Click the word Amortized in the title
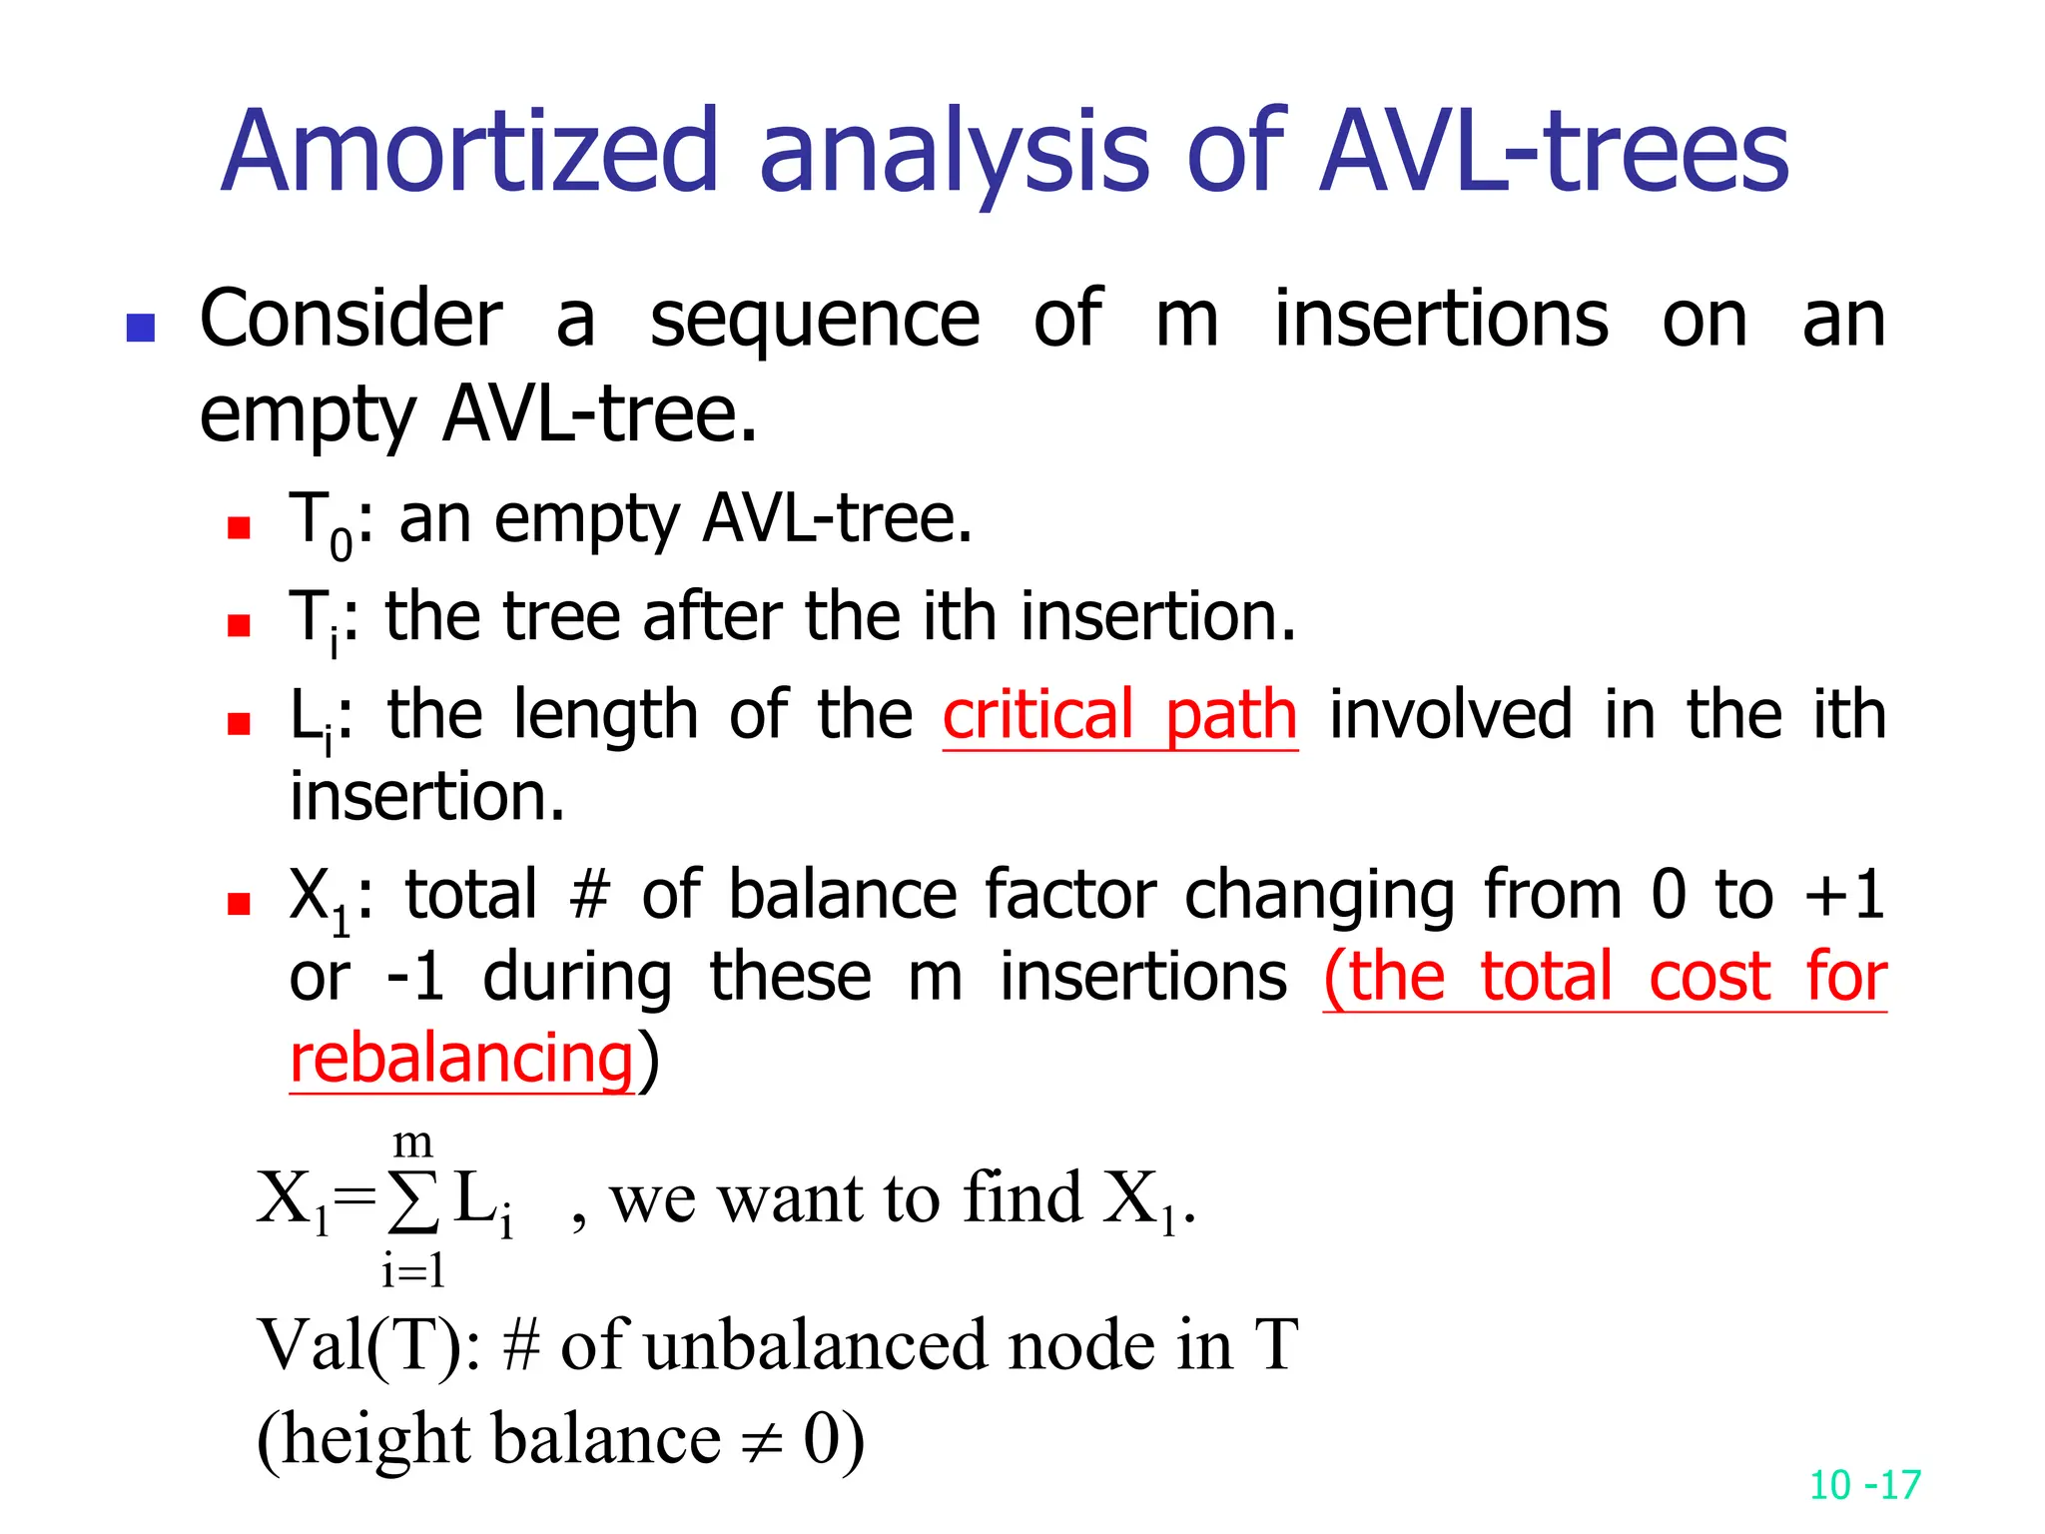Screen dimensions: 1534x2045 (x=469, y=152)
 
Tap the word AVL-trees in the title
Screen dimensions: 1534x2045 (x=1554, y=152)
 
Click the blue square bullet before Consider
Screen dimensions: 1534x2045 (x=141, y=328)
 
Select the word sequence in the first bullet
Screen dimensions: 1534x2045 (x=814, y=322)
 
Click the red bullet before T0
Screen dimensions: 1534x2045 (x=238, y=526)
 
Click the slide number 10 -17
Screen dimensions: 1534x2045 (x=1864, y=1485)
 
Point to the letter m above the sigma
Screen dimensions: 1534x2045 (x=412, y=1141)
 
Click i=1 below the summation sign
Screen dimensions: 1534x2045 (x=412, y=1271)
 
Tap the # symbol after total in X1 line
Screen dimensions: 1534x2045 (x=589, y=894)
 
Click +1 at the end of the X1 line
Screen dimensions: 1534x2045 (x=1843, y=894)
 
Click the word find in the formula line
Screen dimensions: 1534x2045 (x=1021, y=1197)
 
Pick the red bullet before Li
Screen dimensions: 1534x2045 (x=238, y=723)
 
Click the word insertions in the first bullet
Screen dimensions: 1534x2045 (x=1440, y=322)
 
